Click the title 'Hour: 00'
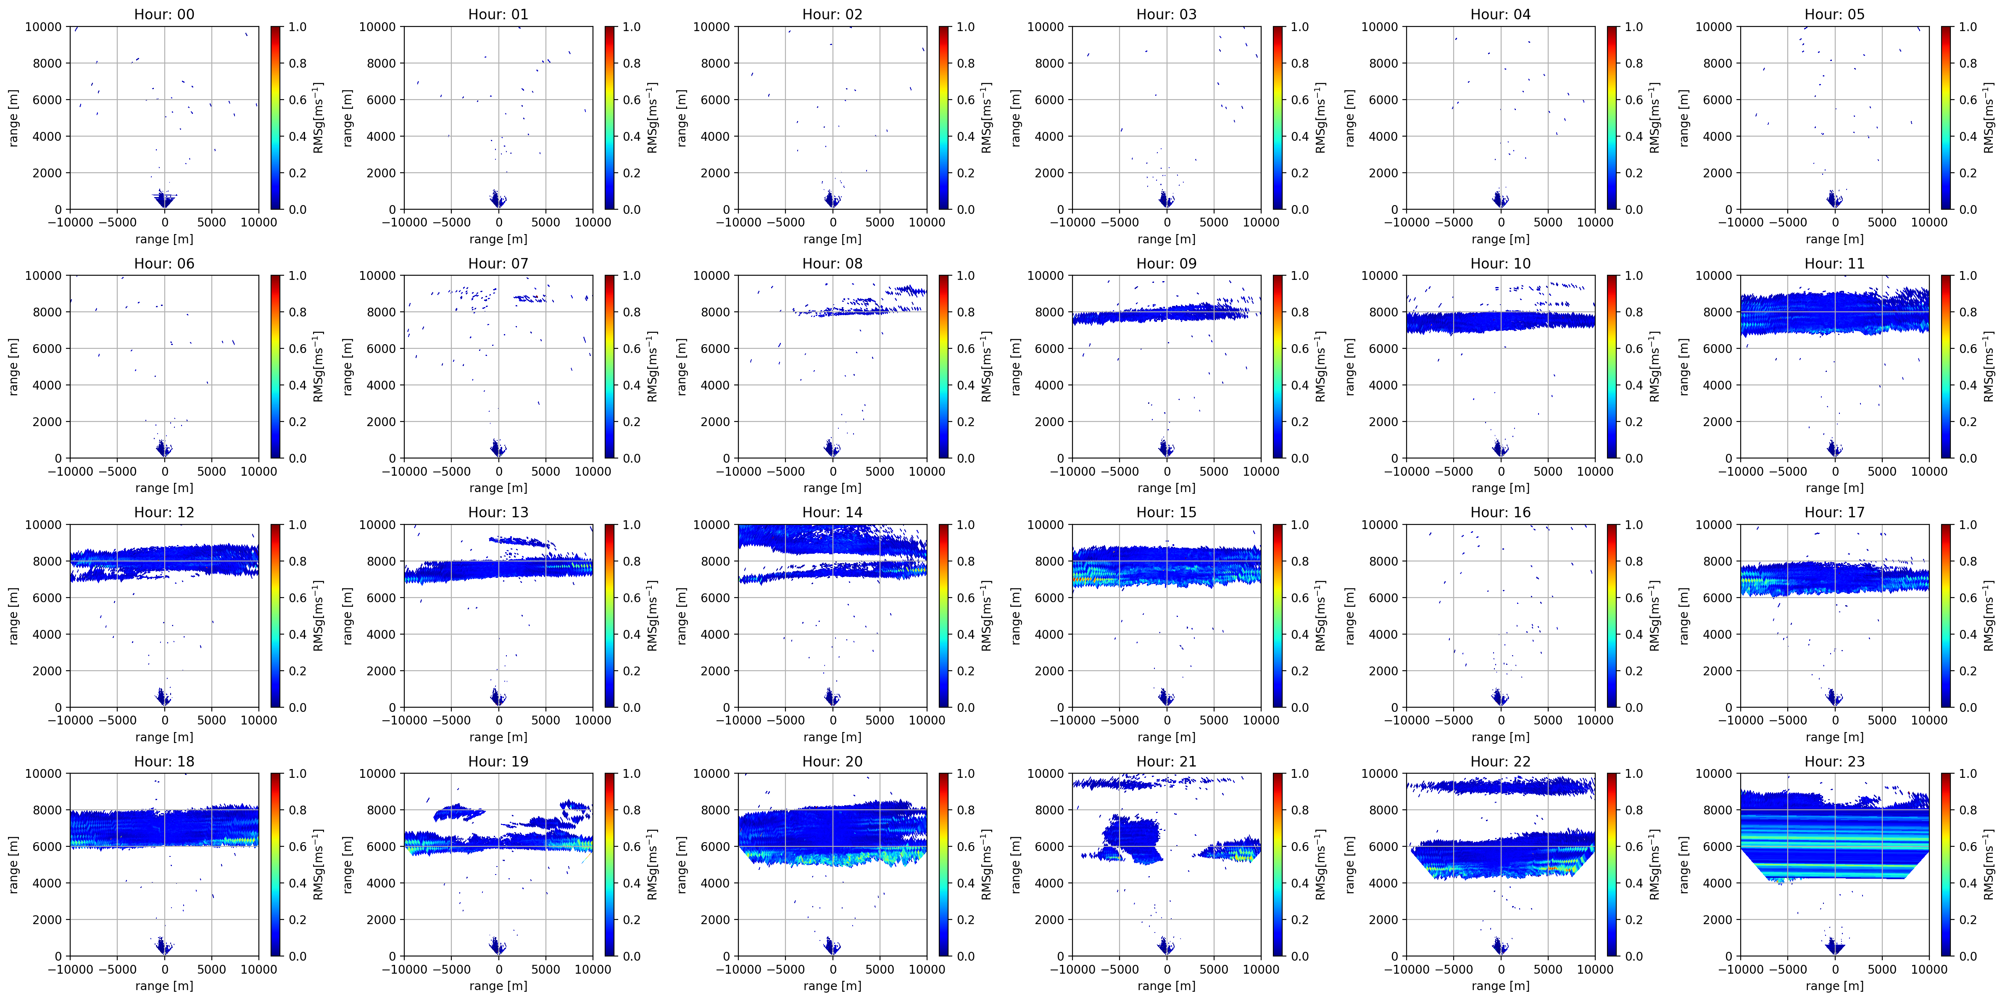coord(164,14)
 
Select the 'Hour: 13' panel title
coord(498,512)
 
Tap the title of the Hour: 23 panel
coord(1834,761)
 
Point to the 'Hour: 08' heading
coord(832,263)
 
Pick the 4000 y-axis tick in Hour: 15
coord(1049,635)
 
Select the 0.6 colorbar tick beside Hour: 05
coord(1968,100)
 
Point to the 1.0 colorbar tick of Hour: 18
coord(298,774)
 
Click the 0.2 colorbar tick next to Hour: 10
coord(1634,422)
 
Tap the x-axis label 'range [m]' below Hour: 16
coord(1500,737)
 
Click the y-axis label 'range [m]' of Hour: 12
coord(13,616)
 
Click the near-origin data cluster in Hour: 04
coord(1500,199)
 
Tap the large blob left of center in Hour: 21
coord(1134,838)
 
